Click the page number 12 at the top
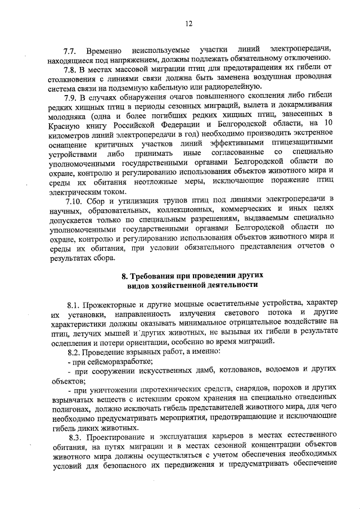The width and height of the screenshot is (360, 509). click(188, 23)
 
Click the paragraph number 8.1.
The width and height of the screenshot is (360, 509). click(75, 303)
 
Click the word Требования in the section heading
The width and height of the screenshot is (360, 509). click(152, 276)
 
